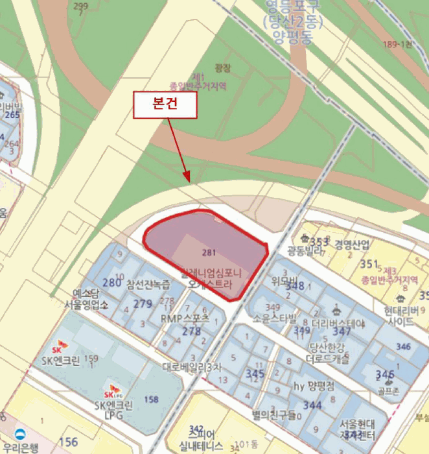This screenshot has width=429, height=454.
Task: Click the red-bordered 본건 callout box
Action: coord(165,105)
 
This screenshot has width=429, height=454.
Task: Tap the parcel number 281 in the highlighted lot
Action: coord(209,252)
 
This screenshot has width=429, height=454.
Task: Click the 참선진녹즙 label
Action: coord(148,283)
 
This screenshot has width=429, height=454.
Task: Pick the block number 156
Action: coord(68,442)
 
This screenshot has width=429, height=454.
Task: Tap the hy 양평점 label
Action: coord(314,385)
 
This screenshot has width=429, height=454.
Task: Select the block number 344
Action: coord(312,405)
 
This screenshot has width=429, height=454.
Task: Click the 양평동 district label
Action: coord(289,37)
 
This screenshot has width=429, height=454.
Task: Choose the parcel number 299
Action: coord(80,6)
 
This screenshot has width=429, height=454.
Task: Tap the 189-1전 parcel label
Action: coord(397,44)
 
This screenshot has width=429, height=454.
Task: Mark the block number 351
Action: coord(369,264)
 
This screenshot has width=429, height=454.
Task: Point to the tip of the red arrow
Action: coord(188,181)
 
